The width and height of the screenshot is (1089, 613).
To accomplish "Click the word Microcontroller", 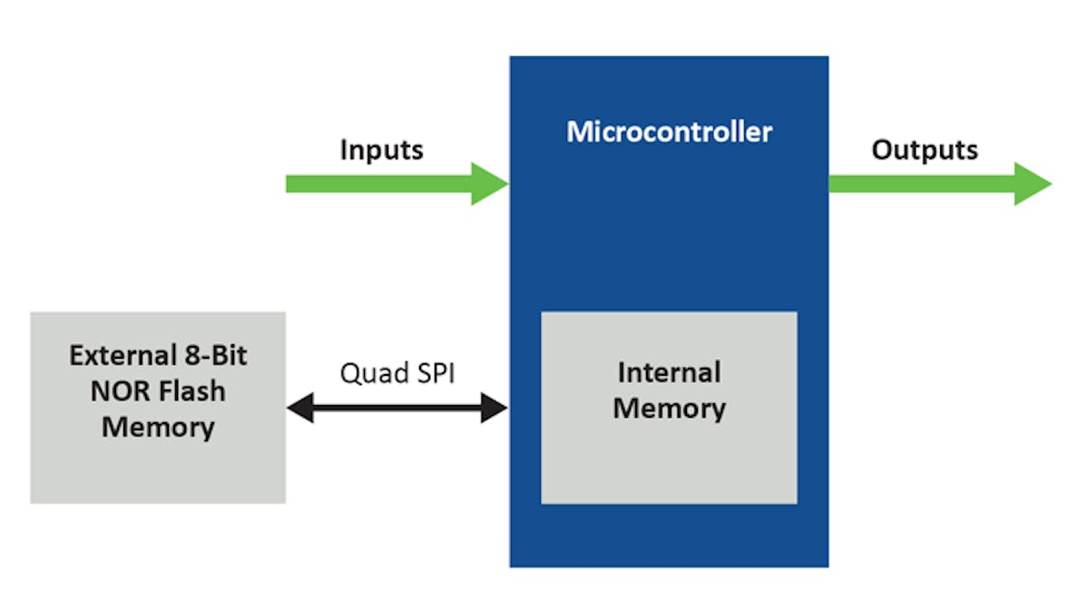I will coord(669,132).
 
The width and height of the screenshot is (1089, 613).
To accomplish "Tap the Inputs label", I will coord(381,150).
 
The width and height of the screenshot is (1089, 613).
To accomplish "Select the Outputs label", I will coord(925,150).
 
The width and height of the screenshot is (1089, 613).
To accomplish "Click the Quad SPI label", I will coord(398,373).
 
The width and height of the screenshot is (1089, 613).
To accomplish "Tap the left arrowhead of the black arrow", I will coord(299,409).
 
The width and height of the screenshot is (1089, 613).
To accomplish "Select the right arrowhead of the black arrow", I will coord(494,409).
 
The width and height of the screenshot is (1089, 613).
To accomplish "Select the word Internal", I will coord(669,372).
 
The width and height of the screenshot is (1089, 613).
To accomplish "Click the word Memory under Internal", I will coord(669,409).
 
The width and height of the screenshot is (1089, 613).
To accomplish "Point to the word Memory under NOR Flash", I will coord(158,427).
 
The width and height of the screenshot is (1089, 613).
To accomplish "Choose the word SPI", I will coord(436,373).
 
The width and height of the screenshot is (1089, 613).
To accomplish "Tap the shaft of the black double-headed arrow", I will coord(397,409).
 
